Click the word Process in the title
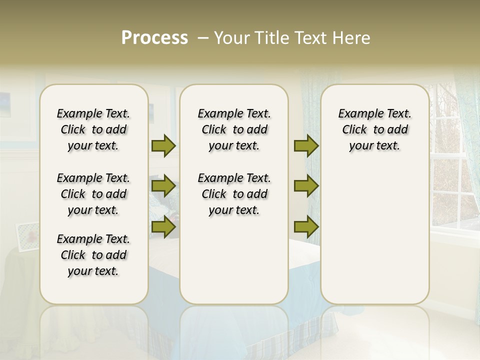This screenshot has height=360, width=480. [x=154, y=38]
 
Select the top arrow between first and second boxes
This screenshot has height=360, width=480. [x=163, y=145]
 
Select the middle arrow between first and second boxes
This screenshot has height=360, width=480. [x=163, y=186]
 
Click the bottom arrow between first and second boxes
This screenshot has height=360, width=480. [x=163, y=227]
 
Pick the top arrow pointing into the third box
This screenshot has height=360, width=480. [x=306, y=145]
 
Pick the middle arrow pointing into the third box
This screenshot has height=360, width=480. [x=306, y=186]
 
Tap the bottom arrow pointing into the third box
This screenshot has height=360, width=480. [x=306, y=227]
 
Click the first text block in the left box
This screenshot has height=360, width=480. [x=93, y=129]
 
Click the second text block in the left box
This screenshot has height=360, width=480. [x=93, y=194]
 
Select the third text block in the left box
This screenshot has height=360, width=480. [x=93, y=255]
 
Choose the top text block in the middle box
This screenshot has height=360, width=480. [x=234, y=129]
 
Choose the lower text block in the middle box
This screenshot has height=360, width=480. [x=234, y=194]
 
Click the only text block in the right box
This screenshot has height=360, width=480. [x=374, y=129]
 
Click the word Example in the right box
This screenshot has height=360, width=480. [x=356, y=113]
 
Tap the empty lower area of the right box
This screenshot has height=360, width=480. [x=374, y=235]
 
